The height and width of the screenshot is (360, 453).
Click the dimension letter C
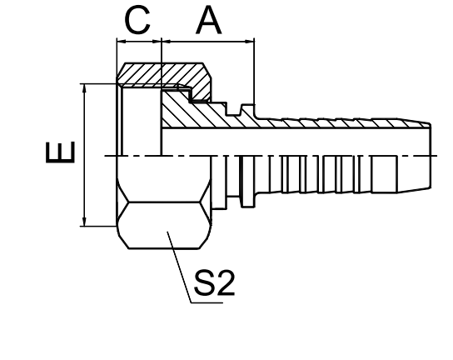(137, 20)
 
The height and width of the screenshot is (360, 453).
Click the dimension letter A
(208, 20)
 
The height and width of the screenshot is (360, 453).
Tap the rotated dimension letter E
(61, 152)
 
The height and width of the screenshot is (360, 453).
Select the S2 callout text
(214, 282)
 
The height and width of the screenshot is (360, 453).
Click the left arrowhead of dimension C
(122, 42)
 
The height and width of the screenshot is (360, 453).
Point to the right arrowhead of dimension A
(250, 42)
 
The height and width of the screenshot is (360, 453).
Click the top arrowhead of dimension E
(84, 88)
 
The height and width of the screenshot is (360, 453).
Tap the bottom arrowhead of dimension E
(84, 222)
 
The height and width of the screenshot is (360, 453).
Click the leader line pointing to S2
(179, 267)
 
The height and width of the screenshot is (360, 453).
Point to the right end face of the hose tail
(431, 156)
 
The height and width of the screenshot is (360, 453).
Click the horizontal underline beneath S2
(207, 303)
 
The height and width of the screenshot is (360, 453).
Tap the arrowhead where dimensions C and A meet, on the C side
(157, 42)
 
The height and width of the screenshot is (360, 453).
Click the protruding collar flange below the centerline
(248, 182)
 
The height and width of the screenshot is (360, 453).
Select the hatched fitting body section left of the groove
(191, 112)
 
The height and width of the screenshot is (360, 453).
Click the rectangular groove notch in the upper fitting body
(234, 109)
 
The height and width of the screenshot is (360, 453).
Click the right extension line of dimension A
(255, 72)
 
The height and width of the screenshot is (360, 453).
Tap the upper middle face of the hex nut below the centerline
(164, 179)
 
